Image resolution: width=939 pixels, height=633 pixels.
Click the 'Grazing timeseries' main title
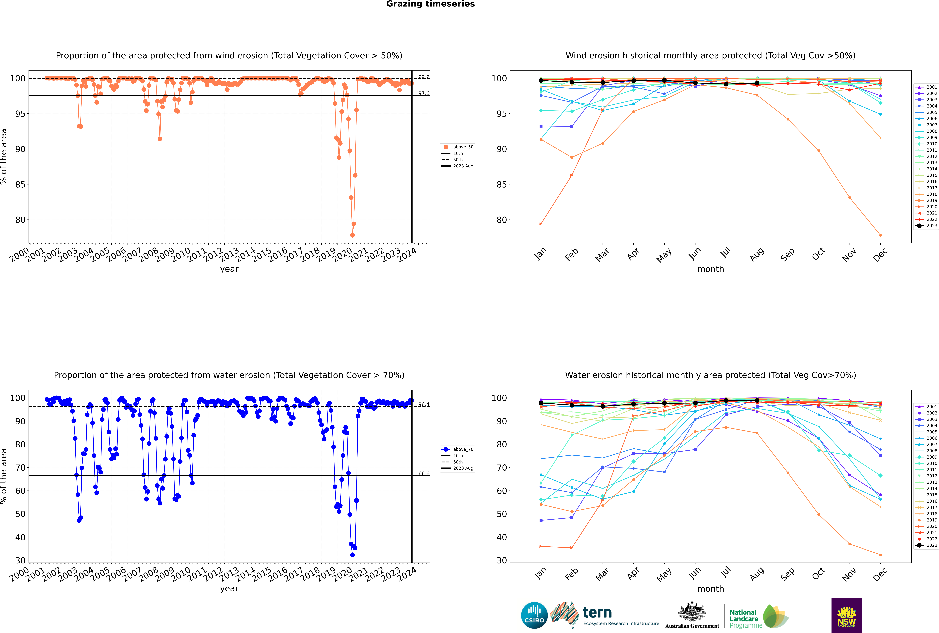430,4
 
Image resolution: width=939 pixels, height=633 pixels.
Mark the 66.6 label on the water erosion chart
423,473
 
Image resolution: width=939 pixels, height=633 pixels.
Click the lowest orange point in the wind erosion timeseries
352,235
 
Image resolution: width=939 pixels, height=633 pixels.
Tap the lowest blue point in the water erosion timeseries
352,555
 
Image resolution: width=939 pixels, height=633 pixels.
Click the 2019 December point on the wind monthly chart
880,235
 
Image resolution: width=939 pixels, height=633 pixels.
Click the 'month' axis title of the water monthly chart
710,589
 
